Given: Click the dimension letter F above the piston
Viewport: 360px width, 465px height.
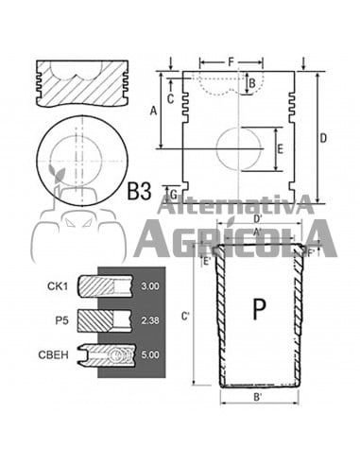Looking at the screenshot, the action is point(231,62).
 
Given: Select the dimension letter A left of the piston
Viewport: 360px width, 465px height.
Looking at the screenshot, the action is point(153,111).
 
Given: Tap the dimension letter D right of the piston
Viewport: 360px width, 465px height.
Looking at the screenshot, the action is point(323,138).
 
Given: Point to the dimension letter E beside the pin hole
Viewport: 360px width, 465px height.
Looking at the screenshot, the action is point(280,149).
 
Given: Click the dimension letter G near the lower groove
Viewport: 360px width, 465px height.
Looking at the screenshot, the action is point(173,195).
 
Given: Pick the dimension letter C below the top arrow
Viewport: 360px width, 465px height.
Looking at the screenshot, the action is point(170,99).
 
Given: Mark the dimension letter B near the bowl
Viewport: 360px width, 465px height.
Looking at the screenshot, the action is point(252,84).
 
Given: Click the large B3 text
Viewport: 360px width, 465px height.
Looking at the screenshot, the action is point(139,191).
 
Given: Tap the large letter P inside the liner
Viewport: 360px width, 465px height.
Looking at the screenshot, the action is point(259,309).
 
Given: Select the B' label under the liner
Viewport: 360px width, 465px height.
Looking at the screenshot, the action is point(258,397).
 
